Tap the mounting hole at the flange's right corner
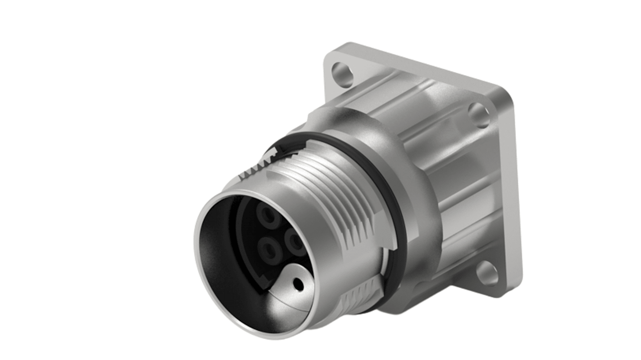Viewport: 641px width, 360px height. [x=478, y=115]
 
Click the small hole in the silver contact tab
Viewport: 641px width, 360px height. [x=298, y=284]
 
